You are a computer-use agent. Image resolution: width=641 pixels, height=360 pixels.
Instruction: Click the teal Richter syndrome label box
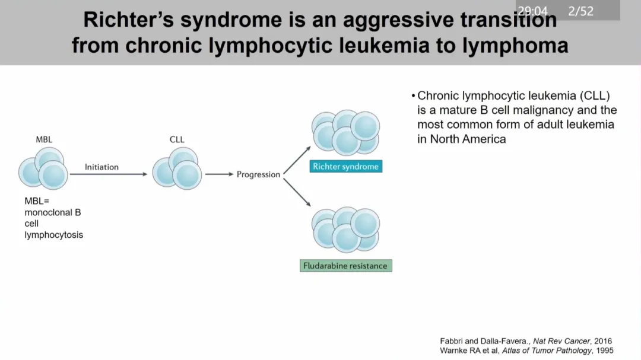(x=346, y=166)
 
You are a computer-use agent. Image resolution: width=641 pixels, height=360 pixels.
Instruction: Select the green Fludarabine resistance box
(x=346, y=266)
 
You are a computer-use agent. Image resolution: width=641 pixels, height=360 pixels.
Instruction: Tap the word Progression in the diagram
(x=258, y=174)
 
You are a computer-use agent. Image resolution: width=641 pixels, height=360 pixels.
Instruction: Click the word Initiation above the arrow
(x=102, y=167)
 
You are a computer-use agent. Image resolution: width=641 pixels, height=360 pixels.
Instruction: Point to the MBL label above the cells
(x=44, y=139)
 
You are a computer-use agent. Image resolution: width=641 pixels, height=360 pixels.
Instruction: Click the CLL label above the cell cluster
(x=177, y=139)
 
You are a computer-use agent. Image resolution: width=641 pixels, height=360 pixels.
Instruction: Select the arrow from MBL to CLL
(x=109, y=174)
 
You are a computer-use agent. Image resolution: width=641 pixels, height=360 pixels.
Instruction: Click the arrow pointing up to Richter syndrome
(x=297, y=160)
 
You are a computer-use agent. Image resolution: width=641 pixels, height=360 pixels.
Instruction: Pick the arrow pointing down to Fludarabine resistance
(x=297, y=192)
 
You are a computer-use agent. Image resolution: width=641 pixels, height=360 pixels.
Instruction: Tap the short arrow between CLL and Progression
(x=219, y=174)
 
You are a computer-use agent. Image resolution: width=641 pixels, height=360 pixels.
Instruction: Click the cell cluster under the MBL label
(x=43, y=168)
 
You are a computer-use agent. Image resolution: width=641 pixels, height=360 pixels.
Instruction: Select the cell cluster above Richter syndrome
(x=346, y=133)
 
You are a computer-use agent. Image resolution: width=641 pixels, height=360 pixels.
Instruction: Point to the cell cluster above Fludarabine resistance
(x=346, y=230)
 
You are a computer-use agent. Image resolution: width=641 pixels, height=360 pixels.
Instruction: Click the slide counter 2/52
(x=580, y=11)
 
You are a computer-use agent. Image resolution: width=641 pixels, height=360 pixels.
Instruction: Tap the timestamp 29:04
(x=532, y=11)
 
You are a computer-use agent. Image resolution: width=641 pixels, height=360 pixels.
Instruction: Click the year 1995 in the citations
(x=605, y=351)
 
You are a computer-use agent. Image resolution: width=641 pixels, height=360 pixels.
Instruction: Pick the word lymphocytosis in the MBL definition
(x=53, y=235)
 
